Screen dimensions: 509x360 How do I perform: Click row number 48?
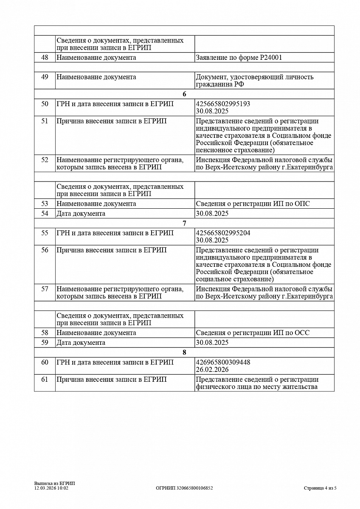pyautogui.click(x=45, y=58)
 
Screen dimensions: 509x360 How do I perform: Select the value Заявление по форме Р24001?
pyautogui.click(x=239, y=58)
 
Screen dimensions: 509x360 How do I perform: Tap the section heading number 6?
pyautogui.click(x=184, y=94)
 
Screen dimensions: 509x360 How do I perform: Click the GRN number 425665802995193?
pyautogui.click(x=223, y=104)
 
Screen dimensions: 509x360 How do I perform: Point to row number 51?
pyautogui.click(x=45, y=121)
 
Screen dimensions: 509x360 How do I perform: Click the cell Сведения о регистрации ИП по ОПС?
pyautogui.click(x=253, y=204)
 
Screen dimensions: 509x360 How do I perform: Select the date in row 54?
pyautogui.click(x=212, y=213)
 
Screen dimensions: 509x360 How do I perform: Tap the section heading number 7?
pyautogui.click(x=184, y=223)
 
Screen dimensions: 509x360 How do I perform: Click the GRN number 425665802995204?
pyautogui.click(x=223, y=233)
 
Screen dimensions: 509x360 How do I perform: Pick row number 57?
pyautogui.click(x=45, y=289)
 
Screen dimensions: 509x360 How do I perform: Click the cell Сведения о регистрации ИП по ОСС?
pyautogui.click(x=253, y=333)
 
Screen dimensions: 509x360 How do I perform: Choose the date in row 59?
pyautogui.click(x=212, y=342)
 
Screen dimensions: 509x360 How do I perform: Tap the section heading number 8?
pyautogui.click(x=184, y=352)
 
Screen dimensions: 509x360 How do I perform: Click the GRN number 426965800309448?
pyautogui.click(x=223, y=362)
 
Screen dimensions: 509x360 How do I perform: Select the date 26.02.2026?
pyautogui.click(x=212, y=369)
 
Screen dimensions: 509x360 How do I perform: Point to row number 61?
pyautogui.click(x=45, y=379)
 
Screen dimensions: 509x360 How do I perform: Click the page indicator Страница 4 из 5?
pyautogui.click(x=320, y=488)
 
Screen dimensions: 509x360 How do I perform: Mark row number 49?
pyautogui.click(x=45, y=77)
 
